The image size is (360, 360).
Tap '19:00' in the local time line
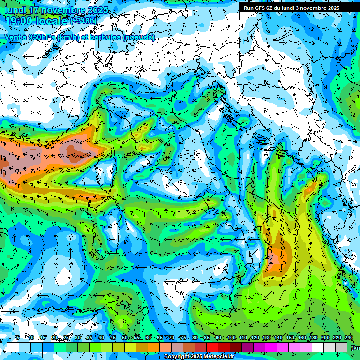(x=19, y=22)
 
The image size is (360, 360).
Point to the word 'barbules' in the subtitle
(x=105, y=37)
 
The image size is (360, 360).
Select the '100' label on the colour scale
(x=231, y=337)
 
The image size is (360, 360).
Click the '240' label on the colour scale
(x=348, y=337)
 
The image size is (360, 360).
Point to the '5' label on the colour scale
(x=18, y=337)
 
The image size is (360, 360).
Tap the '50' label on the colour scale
(x=124, y=337)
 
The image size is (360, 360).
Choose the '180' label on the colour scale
(x=313, y=337)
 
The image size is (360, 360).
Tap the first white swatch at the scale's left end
(x=13, y=347)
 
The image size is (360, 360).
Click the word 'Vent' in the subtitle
(x=13, y=37)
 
